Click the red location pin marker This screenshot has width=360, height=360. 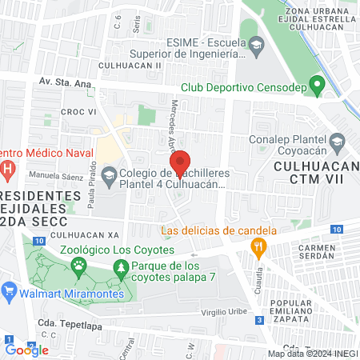[x=181, y=165]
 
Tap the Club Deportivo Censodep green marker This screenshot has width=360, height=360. [x=318, y=83]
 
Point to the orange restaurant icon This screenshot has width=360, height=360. [x=258, y=248]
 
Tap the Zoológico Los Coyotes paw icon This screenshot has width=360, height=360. [x=79, y=268]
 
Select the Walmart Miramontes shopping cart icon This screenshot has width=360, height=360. [x=10, y=290]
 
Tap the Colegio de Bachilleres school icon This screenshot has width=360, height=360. [x=110, y=174]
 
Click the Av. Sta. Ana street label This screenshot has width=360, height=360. [x=64, y=82]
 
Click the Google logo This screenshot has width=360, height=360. [x=26, y=350]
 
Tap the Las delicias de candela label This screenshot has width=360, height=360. [x=218, y=231]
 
